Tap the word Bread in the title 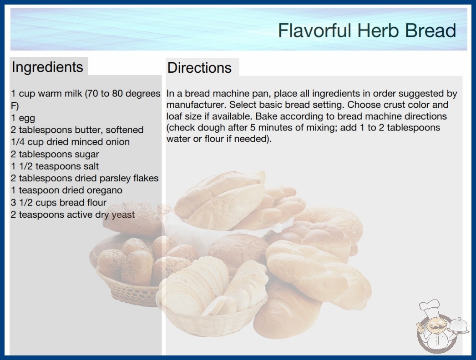click(x=431, y=30)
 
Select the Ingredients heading click(x=47, y=67)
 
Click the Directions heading click(x=199, y=68)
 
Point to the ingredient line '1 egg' click(x=23, y=118)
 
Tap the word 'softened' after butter click(x=125, y=130)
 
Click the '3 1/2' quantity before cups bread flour click(x=22, y=203)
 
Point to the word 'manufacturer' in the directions click(x=196, y=105)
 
